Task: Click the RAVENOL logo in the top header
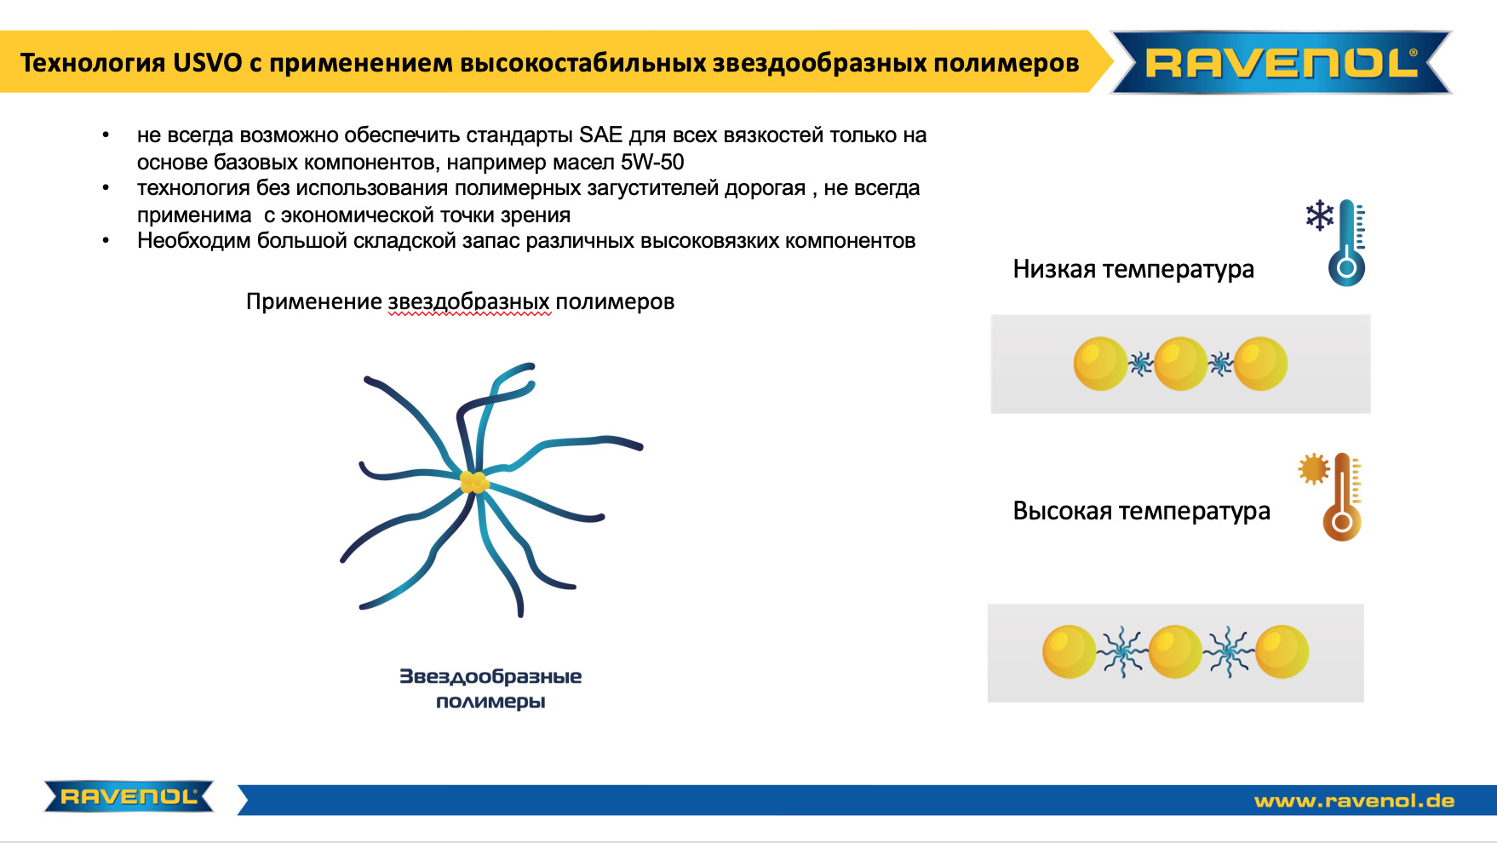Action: pyautogui.click(x=1282, y=62)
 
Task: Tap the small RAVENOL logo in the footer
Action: pyautogui.click(x=129, y=797)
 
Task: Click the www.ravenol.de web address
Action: pyautogui.click(x=1354, y=800)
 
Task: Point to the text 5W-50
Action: pyautogui.click(x=652, y=162)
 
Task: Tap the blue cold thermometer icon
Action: pyautogui.click(x=1347, y=243)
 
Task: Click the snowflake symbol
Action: pyautogui.click(x=1320, y=215)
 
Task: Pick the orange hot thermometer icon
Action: pyautogui.click(x=1343, y=496)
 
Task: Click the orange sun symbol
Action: pyautogui.click(x=1314, y=468)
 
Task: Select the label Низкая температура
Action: pyautogui.click(x=1133, y=269)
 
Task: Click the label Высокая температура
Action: pyautogui.click(x=1141, y=511)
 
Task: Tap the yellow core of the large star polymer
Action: pyautogui.click(x=474, y=482)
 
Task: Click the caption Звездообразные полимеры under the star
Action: pyautogui.click(x=490, y=689)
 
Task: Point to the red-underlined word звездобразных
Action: pyautogui.click(x=469, y=301)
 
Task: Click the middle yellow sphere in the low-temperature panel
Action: pyautogui.click(x=1180, y=364)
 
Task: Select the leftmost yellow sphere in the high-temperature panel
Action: pyautogui.click(x=1070, y=651)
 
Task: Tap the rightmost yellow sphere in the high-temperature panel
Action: pyautogui.click(x=1282, y=651)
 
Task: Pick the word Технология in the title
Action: pyautogui.click(x=92, y=62)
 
